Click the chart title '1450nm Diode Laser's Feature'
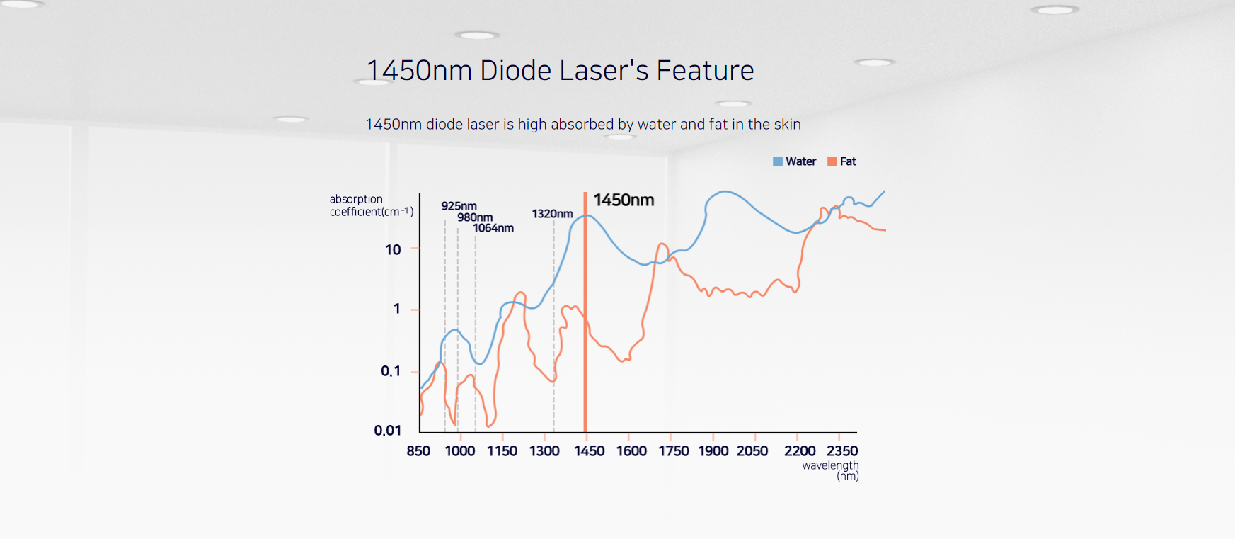(x=560, y=71)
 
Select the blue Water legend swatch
(x=778, y=161)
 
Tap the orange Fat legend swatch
(x=832, y=161)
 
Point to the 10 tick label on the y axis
(x=393, y=249)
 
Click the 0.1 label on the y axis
(x=391, y=371)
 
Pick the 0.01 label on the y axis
(x=388, y=431)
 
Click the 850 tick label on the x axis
(x=418, y=451)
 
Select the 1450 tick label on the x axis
(x=589, y=451)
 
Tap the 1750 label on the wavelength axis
(x=673, y=451)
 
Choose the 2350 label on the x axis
(x=842, y=451)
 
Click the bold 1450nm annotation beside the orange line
(x=624, y=200)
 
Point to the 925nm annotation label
(x=459, y=206)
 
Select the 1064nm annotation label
(x=493, y=228)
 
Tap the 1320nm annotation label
(x=552, y=214)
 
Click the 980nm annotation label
(x=475, y=217)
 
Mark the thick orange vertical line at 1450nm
(x=585, y=319)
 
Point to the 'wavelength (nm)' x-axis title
(x=831, y=470)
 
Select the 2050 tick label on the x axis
(x=752, y=451)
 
